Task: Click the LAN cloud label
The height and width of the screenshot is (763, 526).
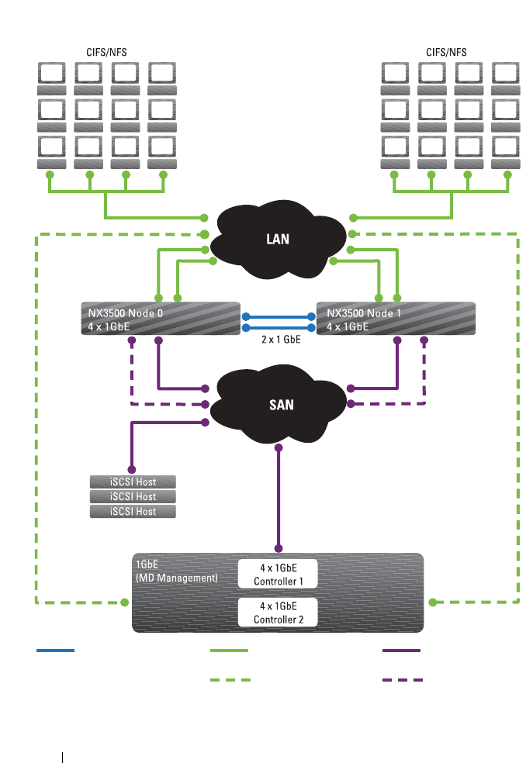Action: click(277, 239)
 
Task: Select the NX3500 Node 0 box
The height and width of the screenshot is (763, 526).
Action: click(161, 319)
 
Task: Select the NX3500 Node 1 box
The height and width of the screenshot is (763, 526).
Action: click(396, 319)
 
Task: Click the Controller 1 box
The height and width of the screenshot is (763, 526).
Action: click(277, 574)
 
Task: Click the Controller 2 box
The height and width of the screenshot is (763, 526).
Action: click(277, 612)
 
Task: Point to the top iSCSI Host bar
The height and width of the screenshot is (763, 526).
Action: click(133, 482)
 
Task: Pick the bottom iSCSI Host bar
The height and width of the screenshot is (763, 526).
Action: click(133, 512)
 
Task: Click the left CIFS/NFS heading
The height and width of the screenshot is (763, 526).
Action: click(107, 52)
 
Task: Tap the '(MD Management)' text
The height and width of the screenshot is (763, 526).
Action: click(177, 578)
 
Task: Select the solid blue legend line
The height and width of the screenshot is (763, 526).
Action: click(55, 651)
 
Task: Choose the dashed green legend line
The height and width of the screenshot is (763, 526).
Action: click(230, 680)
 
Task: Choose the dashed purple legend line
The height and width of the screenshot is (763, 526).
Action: click(402, 680)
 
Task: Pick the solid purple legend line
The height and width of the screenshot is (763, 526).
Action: click(402, 651)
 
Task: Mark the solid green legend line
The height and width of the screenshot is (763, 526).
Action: click(230, 651)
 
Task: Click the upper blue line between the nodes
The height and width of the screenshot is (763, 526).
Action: click(278, 316)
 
